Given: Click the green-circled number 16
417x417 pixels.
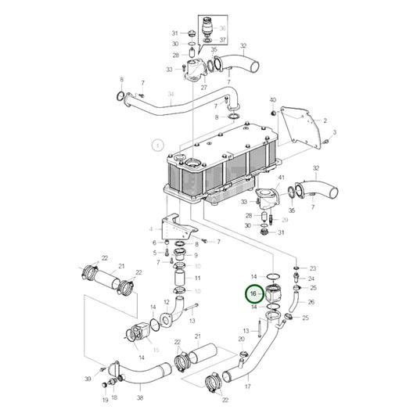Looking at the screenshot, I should tap(253, 293).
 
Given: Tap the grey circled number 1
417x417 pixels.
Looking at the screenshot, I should tap(157, 145).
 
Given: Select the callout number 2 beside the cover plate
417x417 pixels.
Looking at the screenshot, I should tap(325, 121).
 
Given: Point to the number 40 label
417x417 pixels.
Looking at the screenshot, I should tap(272, 100).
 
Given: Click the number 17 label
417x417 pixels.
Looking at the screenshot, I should tap(248, 386).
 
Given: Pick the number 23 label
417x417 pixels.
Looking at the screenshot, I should tap(313, 268).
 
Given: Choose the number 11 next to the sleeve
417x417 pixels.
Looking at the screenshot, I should tap(197, 278).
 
